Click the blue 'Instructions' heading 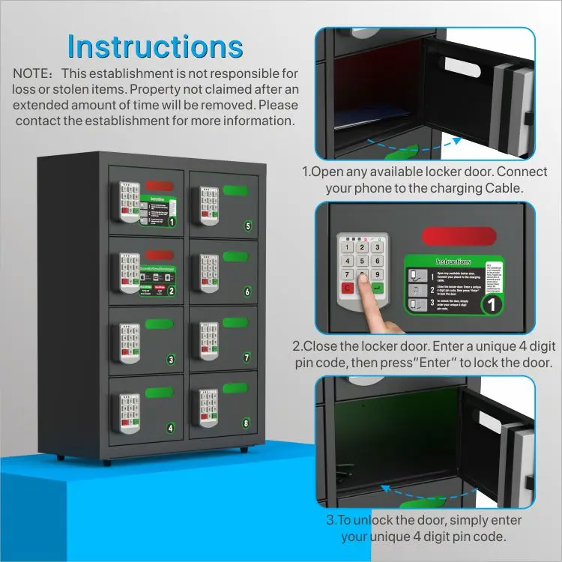point(155,46)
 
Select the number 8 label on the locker point(246,423)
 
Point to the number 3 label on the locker point(171,360)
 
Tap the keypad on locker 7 point(209,340)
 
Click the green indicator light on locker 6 point(235,256)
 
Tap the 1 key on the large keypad point(347,248)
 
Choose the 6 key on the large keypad point(378,262)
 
